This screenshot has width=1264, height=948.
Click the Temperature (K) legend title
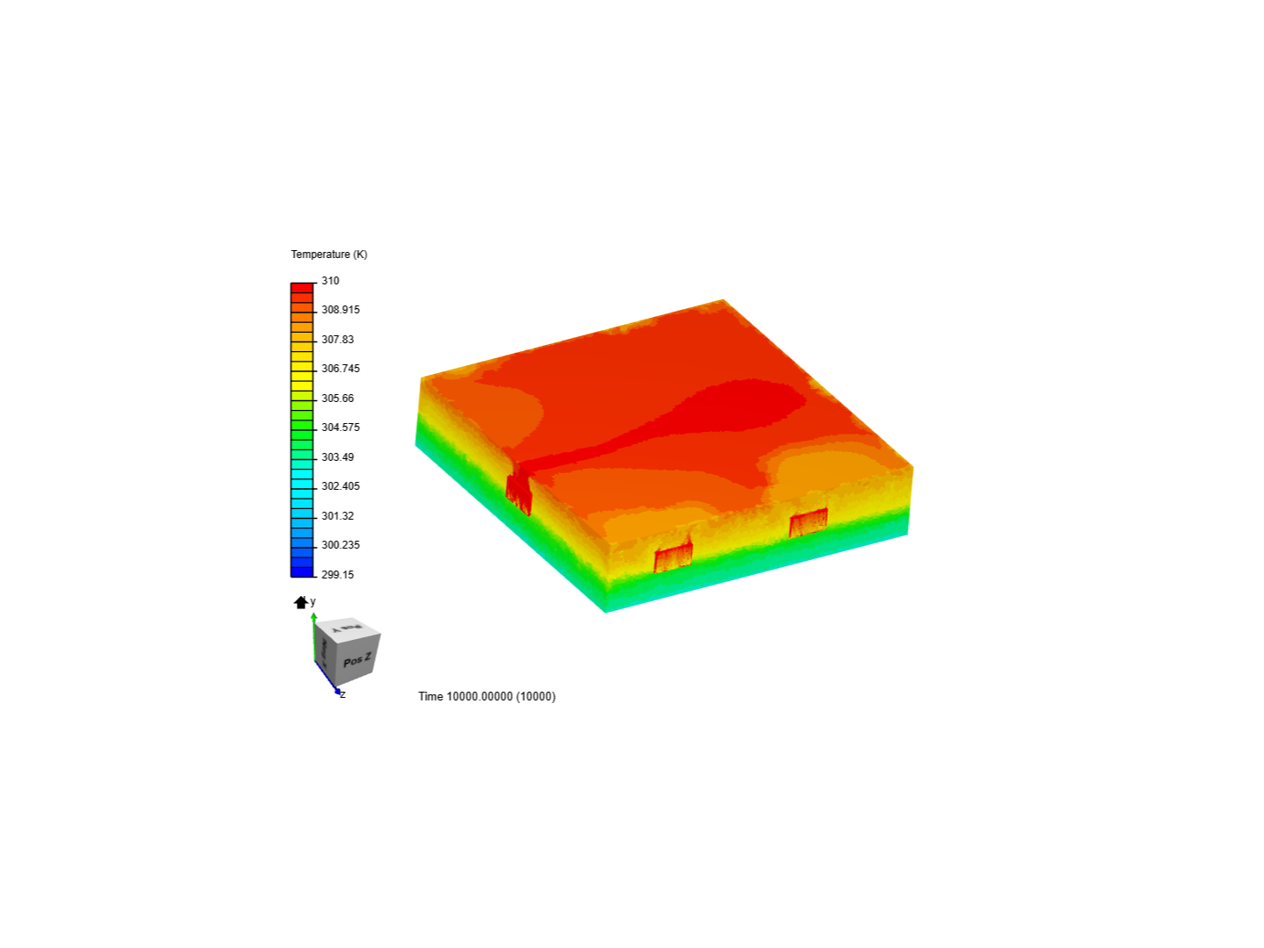(329, 255)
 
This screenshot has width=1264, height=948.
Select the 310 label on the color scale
(330, 281)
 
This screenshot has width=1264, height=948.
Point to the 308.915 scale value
(341, 310)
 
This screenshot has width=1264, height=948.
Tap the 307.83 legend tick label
(338, 340)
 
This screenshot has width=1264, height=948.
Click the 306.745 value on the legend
(341, 369)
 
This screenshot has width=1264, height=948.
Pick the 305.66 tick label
(338, 399)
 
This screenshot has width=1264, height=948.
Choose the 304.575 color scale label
(341, 427)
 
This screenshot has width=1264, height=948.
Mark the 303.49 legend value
(338, 457)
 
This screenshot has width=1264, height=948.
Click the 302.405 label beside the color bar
(341, 486)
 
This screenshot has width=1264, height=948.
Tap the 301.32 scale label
(338, 516)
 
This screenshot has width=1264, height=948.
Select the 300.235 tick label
(341, 545)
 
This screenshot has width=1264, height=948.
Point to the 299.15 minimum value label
(338, 575)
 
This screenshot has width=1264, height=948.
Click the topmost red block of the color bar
(302, 288)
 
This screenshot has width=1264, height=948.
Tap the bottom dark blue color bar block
(302, 572)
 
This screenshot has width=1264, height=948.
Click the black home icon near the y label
(301, 602)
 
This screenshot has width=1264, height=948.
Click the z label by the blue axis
(343, 695)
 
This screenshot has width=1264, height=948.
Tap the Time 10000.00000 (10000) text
(487, 697)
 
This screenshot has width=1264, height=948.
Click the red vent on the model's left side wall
(519, 493)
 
